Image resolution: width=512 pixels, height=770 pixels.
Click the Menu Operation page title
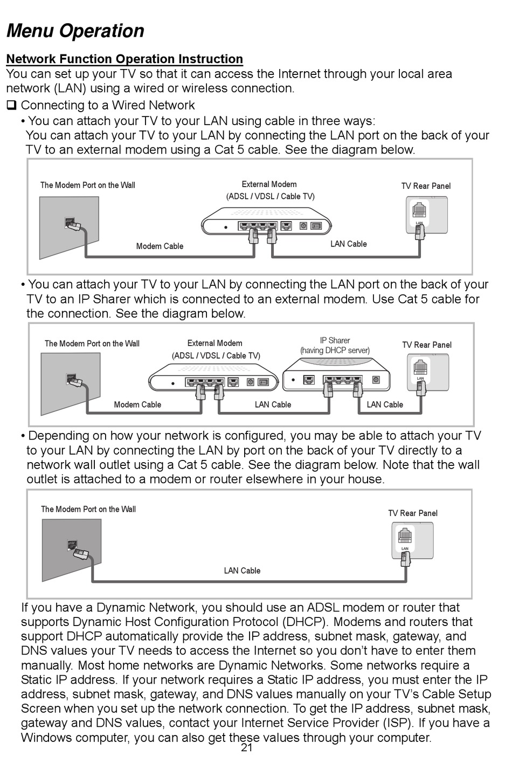(75, 31)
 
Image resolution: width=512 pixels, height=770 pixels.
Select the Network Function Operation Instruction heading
(124, 59)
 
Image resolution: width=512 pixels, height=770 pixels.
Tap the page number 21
(247, 748)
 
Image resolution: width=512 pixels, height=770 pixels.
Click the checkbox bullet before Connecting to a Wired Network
(11, 105)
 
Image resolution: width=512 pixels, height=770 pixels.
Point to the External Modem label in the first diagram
(269, 184)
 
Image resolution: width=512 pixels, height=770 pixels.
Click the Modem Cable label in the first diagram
(160, 246)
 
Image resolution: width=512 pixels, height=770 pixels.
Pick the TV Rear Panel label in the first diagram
(426, 186)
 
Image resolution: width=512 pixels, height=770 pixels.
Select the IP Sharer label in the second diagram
(335, 340)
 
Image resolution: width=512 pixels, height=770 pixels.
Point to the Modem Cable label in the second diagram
(137, 405)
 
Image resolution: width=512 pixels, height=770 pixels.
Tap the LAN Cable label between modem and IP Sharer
(273, 405)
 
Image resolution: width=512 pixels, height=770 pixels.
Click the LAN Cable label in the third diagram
(242, 570)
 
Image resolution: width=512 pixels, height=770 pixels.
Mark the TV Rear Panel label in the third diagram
(413, 513)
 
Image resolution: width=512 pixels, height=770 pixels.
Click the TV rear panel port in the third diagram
(405, 537)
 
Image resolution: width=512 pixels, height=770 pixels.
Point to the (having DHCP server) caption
(335, 350)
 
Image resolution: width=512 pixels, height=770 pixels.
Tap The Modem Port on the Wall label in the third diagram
(88, 509)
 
